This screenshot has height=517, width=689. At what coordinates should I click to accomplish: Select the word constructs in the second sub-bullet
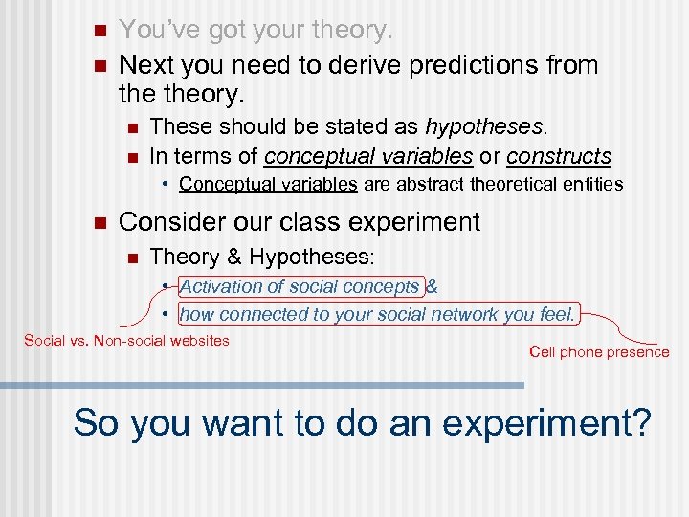(558, 155)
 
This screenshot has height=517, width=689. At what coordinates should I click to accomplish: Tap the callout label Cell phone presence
(599, 352)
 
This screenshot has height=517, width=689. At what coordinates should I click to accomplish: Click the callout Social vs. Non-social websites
(126, 340)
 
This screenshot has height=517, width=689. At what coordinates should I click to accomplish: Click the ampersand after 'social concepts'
(432, 286)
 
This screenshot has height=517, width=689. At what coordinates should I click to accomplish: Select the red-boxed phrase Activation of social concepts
(299, 286)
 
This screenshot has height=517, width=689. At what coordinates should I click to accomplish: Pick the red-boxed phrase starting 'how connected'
(378, 313)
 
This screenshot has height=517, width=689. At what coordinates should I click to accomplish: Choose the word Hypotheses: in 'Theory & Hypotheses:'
(324, 257)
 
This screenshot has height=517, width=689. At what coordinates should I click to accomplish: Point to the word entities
(591, 183)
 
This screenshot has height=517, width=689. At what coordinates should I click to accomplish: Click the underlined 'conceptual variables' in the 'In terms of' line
(368, 155)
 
